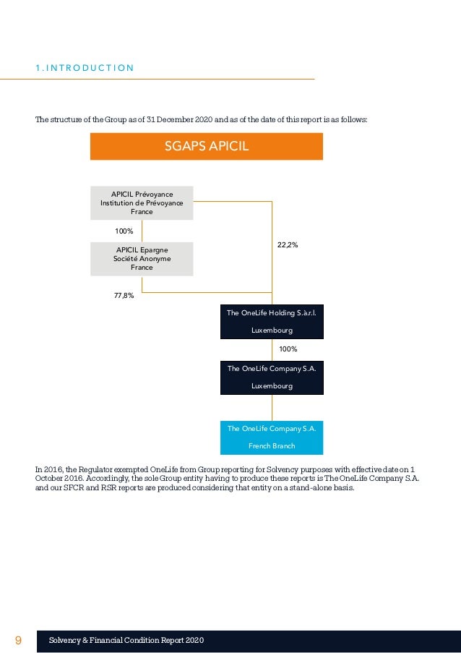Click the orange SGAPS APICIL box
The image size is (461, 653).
point(206,146)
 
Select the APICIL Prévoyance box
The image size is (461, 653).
point(142,202)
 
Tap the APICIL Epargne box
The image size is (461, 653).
point(142,258)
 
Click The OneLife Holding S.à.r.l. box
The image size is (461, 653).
point(272,321)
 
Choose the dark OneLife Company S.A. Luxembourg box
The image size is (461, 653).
point(272,377)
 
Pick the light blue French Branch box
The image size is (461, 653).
point(272,437)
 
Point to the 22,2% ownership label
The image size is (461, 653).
point(288,245)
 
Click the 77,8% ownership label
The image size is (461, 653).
point(124,295)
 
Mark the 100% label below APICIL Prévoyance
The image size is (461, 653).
point(125,231)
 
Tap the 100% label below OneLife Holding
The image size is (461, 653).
point(288,349)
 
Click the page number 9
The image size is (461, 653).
point(18,641)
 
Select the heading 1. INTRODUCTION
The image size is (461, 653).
point(85,69)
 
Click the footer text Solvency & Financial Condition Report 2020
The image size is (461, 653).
point(126,641)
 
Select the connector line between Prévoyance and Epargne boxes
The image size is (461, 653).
point(142,231)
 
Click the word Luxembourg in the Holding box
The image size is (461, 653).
point(272,330)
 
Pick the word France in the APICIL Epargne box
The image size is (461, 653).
point(142,268)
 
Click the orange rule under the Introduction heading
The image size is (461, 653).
point(173,78)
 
